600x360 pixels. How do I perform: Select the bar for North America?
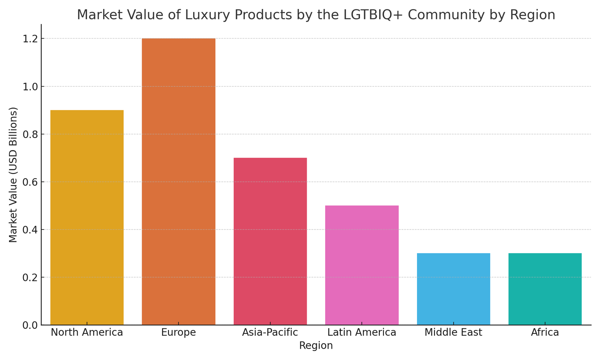(x=87, y=217)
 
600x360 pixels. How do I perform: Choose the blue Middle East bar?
(x=453, y=289)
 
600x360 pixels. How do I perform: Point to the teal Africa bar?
(x=545, y=289)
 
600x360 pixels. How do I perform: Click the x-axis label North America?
(x=87, y=333)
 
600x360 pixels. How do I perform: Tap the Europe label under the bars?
(x=178, y=333)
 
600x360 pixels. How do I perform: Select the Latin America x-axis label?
(x=362, y=333)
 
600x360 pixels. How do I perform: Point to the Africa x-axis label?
(x=545, y=333)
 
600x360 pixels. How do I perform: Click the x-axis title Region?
(x=316, y=346)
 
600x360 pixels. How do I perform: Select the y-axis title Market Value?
(x=13, y=175)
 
